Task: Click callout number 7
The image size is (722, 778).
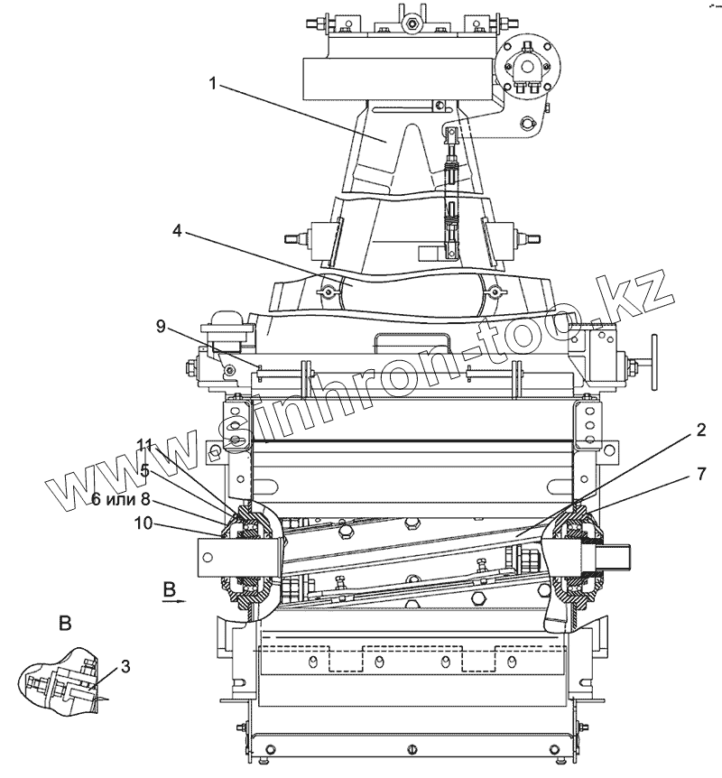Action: pyautogui.click(x=700, y=472)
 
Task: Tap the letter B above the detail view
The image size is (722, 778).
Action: pyautogui.click(x=64, y=623)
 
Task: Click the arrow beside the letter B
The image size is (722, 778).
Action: pyautogui.click(x=177, y=597)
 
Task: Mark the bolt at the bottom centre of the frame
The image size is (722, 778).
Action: pyautogui.click(x=411, y=750)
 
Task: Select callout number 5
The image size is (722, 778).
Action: pyautogui.click(x=144, y=469)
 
